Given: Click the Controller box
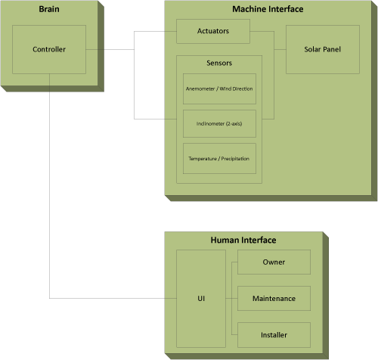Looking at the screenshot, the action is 49,49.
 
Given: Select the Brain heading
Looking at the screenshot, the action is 49,9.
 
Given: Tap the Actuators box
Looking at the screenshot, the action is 213,31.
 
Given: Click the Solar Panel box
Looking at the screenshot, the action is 323,49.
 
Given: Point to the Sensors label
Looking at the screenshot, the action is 219,63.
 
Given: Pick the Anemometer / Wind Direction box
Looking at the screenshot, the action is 219,88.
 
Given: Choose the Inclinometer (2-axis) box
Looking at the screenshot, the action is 219,123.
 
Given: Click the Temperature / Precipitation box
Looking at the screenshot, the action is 219,159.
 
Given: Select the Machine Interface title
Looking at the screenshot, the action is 268,9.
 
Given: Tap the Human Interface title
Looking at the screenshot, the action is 243,240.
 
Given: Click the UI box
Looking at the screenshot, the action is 201,299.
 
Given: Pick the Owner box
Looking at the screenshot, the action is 274,262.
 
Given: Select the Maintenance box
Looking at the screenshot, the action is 274,299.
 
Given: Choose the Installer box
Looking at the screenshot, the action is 274,335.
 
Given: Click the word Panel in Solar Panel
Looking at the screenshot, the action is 332,49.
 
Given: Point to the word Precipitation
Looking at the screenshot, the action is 235,159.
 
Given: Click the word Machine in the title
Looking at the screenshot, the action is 249,9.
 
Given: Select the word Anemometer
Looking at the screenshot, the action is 200,88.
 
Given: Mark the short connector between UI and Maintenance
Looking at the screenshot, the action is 231,299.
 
